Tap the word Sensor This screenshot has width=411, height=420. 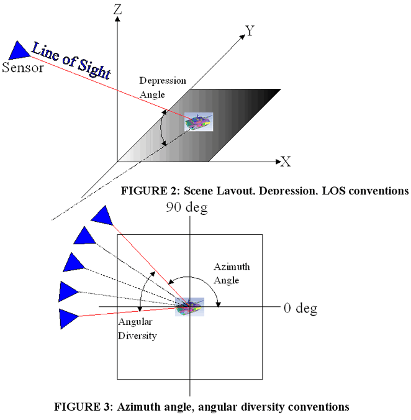[x=23, y=67]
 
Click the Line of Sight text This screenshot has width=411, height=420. [x=71, y=61]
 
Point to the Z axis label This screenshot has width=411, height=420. [x=117, y=9]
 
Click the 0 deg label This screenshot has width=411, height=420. [x=300, y=308]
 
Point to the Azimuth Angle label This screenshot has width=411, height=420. [x=232, y=273]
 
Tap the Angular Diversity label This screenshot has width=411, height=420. [x=137, y=330]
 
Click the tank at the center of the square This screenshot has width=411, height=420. [x=189, y=307]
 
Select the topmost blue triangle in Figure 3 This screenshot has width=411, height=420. [x=102, y=215]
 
